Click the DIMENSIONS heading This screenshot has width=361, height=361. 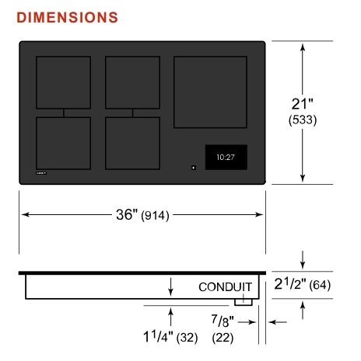(67, 18)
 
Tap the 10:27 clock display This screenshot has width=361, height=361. (226, 158)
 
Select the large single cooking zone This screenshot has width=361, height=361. (210, 92)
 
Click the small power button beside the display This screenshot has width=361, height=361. (194, 168)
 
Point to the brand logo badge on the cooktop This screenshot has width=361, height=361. (41, 173)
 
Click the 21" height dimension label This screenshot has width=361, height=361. (302, 104)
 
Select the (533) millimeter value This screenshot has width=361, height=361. (303, 120)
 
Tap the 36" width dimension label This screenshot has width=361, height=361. (127, 214)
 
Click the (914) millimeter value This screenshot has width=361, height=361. (155, 215)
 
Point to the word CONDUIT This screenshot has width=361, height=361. (225, 287)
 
